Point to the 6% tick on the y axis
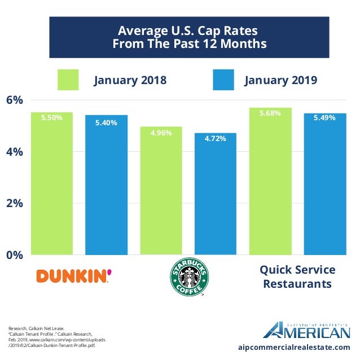click(x=15, y=100)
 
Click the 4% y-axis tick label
click(x=15, y=152)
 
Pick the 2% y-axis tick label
click(x=15, y=203)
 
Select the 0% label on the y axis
click(x=15, y=255)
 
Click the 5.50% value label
click(x=51, y=118)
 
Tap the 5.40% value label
click(x=106, y=122)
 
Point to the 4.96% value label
click(x=161, y=133)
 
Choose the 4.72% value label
click(x=215, y=138)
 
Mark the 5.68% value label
click(x=270, y=113)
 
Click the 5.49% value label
click(x=324, y=118)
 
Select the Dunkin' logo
click(x=73, y=275)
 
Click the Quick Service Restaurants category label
click(x=297, y=276)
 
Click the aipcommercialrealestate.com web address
click(x=294, y=347)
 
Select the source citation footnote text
click(x=56, y=337)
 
